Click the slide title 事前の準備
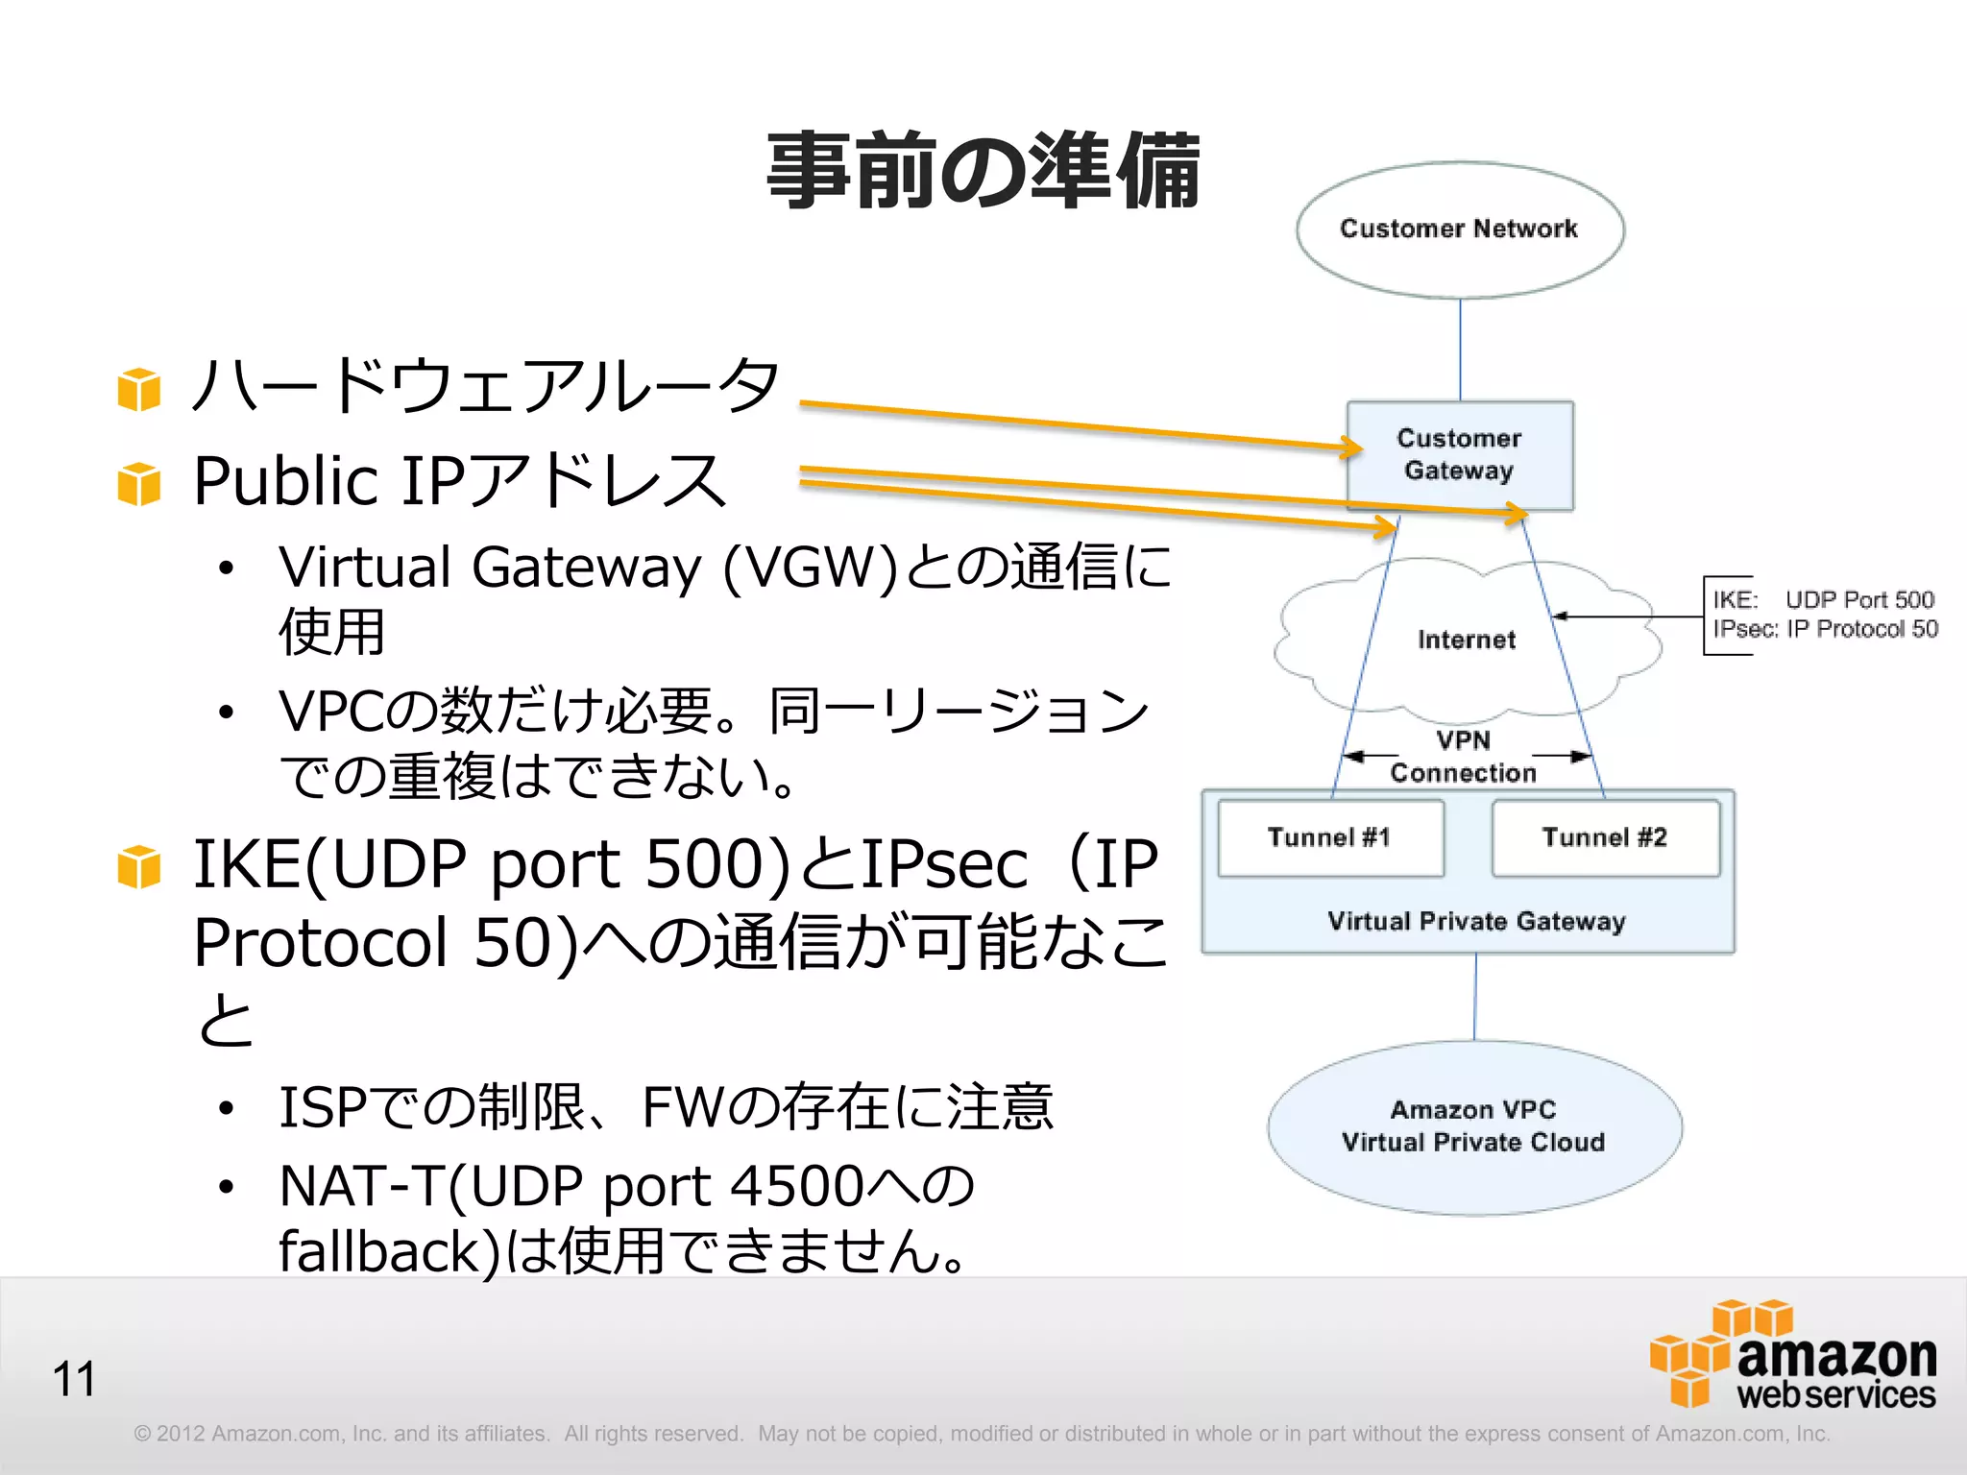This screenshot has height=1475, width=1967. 983,171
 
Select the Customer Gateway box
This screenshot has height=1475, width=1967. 1459,454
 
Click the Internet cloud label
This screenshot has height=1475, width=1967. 1466,640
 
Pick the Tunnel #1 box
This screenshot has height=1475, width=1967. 1330,837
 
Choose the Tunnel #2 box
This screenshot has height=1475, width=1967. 1605,837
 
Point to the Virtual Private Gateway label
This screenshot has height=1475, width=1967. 1475,921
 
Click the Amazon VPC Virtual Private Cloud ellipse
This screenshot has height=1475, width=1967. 1473,1126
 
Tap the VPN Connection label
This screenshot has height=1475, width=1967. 1463,757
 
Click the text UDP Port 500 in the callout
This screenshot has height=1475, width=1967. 1858,600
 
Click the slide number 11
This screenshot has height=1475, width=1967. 74,1379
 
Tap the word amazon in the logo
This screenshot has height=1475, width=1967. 1835,1356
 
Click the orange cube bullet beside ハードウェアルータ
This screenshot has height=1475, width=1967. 139,389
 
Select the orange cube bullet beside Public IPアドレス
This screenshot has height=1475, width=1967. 139,483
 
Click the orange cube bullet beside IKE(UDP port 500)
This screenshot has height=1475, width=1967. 139,866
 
